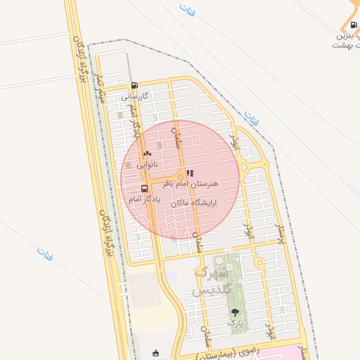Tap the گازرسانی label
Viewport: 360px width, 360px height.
[133, 96]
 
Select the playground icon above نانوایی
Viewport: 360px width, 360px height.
[147, 153]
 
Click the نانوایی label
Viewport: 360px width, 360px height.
[146, 164]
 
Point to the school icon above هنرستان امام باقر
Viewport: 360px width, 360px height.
[190, 172]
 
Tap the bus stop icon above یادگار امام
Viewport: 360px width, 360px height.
[145, 188]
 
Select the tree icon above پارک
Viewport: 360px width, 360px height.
[235, 311]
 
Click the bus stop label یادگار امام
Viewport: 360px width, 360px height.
[145, 199]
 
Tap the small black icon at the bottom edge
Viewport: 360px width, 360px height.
[156, 353]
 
